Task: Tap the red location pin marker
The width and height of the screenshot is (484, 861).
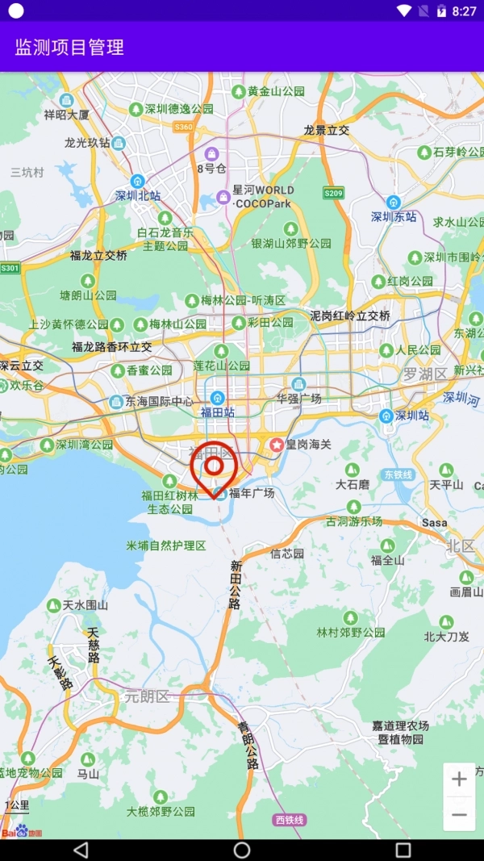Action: [214, 468]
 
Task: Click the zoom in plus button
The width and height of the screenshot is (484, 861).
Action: [459, 779]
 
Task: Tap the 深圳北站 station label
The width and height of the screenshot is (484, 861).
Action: [138, 195]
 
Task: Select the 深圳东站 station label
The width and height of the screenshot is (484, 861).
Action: [394, 216]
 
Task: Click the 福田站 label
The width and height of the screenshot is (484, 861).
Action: [217, 412]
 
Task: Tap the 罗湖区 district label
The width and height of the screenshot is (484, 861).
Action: [425, 374]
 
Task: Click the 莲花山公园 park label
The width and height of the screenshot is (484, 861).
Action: [221, 366]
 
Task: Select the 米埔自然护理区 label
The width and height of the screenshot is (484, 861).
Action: [167, 546]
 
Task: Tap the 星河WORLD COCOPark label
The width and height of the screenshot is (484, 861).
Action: [263, 197]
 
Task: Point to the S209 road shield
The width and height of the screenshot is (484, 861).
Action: [333, 193]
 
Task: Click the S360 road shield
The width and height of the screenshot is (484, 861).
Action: [184, 127]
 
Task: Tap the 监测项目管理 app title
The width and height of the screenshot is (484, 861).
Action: [69, 47]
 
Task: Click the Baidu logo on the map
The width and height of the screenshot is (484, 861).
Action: [21, 832]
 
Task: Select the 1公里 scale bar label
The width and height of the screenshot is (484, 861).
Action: [17, 805]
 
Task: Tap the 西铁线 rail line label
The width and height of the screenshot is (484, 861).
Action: [290, 820]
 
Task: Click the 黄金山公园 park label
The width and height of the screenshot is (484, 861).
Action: [276, 91]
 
